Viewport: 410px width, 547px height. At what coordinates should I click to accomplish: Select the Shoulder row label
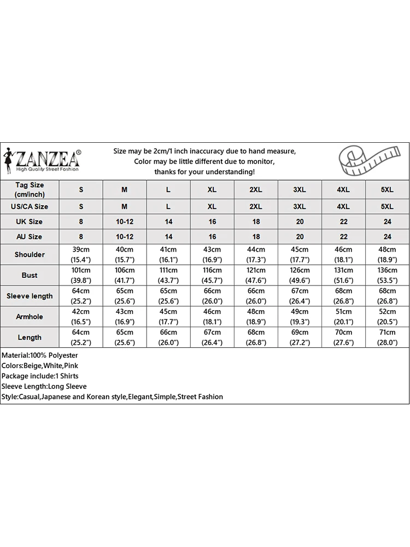pos(30,254)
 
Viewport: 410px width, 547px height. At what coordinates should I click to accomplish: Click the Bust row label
pos(30,275)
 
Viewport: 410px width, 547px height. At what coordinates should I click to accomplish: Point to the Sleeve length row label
pos(30,296)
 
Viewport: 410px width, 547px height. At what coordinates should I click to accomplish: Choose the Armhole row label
pos(30,317)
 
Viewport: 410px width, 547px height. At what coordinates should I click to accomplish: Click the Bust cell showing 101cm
pos(81,275)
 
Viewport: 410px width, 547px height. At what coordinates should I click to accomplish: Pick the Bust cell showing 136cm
pos(387,275)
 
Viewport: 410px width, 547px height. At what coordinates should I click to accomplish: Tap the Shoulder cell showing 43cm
pos(212,254)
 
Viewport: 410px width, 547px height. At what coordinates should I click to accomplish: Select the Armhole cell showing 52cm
pos(387,317)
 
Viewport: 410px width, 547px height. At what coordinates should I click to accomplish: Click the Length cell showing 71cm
pos(387,337)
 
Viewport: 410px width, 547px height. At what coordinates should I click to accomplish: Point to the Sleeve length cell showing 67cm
pos(300,296)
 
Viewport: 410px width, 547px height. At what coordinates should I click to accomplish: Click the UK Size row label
pos(30,222)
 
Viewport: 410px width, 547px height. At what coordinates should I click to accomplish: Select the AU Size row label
pos(30,237)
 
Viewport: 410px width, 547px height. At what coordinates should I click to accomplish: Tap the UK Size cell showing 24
pos(387,222)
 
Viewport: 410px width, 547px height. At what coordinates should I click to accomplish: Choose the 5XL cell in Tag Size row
pos(387,190)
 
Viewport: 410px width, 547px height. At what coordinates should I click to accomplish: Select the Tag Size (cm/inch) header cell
pos(30,190)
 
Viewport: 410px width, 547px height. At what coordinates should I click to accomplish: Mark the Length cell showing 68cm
pos(256,337)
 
